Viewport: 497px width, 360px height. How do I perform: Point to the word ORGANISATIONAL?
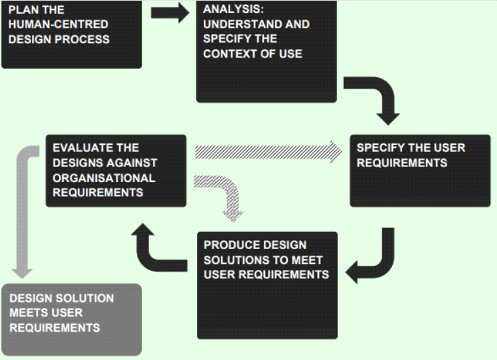pyautogui.click(x=104, y=178)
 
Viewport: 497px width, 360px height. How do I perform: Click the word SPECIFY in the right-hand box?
pyautogui.click(x=383, y=148)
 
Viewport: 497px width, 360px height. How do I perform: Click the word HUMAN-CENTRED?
pyautogui.click(x=58, y=24)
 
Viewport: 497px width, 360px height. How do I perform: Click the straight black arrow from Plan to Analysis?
pyautogui.click(x=169, y=13)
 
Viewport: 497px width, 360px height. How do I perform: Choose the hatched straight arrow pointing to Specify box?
pyautogui.click(x=267, y=151)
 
